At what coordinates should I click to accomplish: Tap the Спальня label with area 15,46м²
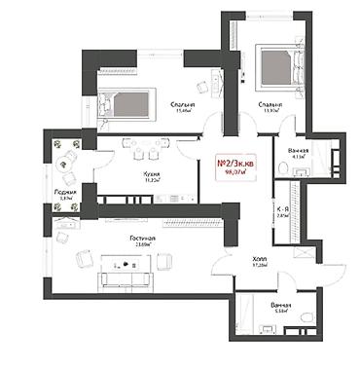pos(181,104)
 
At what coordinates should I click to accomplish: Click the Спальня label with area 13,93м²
pos(270,103)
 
